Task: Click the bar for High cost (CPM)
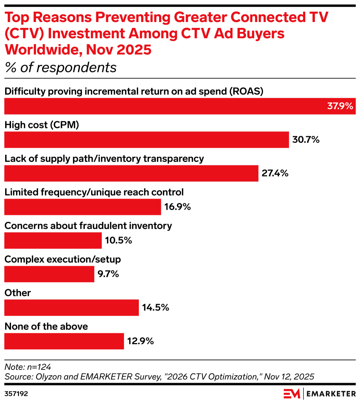[x=147, y=140]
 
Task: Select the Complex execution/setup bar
[x=49, y=274]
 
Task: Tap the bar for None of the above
[x=64, y=341]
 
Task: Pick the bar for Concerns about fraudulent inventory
[x=53, y=241]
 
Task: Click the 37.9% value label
[x=340, y=106]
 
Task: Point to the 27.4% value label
[x=275, y=173]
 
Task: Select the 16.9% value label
[x=178, y=207]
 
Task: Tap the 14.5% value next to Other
[x=156, y=308]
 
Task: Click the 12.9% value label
[x=140, y=341]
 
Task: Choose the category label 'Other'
[x=18, y=293]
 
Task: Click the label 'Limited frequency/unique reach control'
[x=94, y=192]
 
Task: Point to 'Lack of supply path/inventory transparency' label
[x=104, y=158]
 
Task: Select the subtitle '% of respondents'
[x=60, y=68]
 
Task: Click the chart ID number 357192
[x=16, y=394]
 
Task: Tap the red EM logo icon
[x=292, y=394]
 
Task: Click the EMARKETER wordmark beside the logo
[x=331, y=394]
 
